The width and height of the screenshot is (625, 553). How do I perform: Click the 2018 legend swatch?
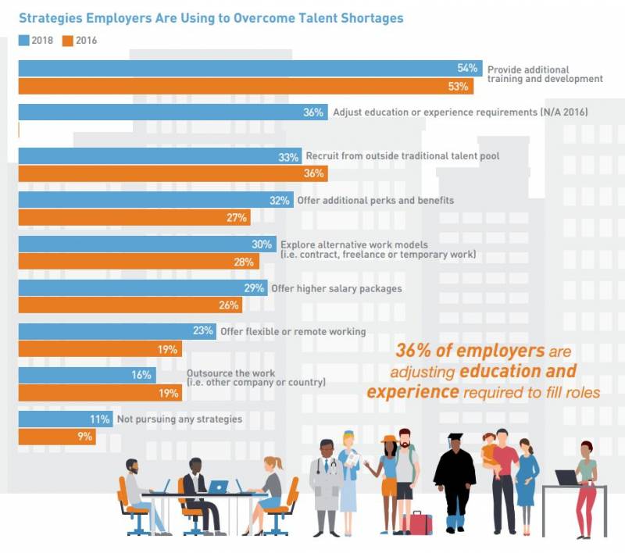pos(23,40)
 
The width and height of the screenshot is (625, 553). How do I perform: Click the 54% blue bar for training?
pos(234,68)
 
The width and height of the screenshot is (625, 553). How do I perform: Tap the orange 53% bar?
pos(234,86)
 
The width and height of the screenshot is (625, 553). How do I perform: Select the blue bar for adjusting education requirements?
pos(156,112)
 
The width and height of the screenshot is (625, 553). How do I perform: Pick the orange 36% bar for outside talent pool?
pos(156,173)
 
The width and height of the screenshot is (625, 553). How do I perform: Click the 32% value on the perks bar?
pos(280,200)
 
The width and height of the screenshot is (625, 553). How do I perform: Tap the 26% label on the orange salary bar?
pos(229,305)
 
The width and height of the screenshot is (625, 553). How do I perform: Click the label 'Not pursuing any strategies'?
pos(179,419)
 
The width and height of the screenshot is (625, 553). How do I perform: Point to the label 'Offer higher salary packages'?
pos(336,288)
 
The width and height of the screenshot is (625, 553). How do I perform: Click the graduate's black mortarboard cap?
pos(455,437)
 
